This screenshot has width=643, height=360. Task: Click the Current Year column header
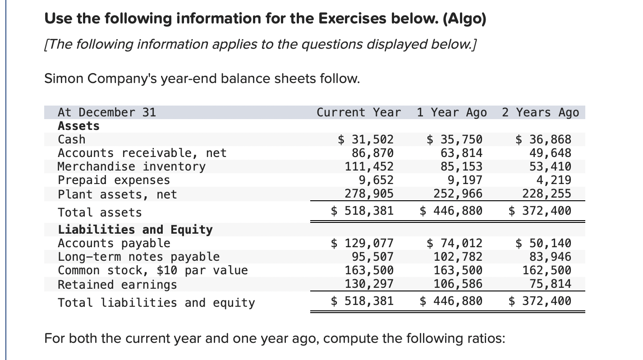pos(358,112)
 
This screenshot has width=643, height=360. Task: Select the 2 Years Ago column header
pos(540,112)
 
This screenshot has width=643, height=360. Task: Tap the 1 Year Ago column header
pos(451,112)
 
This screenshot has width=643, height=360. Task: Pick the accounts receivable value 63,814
pos(461,153)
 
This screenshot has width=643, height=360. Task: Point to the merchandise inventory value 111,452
pos(369,166)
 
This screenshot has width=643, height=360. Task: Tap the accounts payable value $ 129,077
pos(362,244)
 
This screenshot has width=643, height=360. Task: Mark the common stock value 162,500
pos(547,271)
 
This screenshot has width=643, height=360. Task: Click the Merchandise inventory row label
pos(131,166)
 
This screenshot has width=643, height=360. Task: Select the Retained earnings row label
pos(117,285)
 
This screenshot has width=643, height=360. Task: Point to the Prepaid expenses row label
pos(114,180)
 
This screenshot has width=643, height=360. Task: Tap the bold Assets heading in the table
pos(78,126)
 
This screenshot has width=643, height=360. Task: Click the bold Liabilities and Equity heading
pos(135,230)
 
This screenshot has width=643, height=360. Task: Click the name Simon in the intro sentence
pos(64,79)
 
